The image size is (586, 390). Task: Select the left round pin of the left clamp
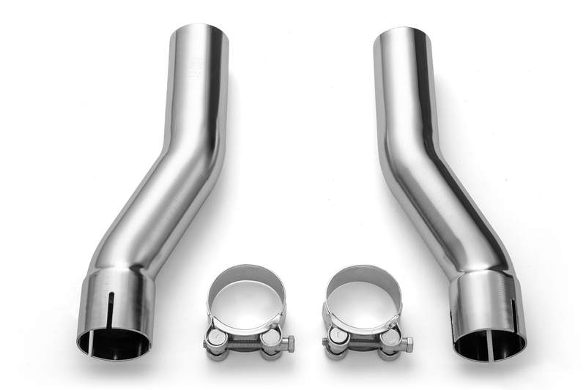click(x=218, y=338)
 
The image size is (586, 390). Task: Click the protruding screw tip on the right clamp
click(x=324, y=342)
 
